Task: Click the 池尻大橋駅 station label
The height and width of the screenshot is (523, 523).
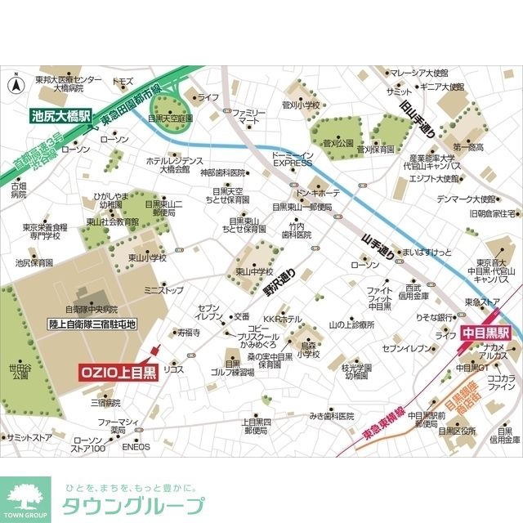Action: coord(61,115)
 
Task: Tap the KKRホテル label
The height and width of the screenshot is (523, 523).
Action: coord(282,319)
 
